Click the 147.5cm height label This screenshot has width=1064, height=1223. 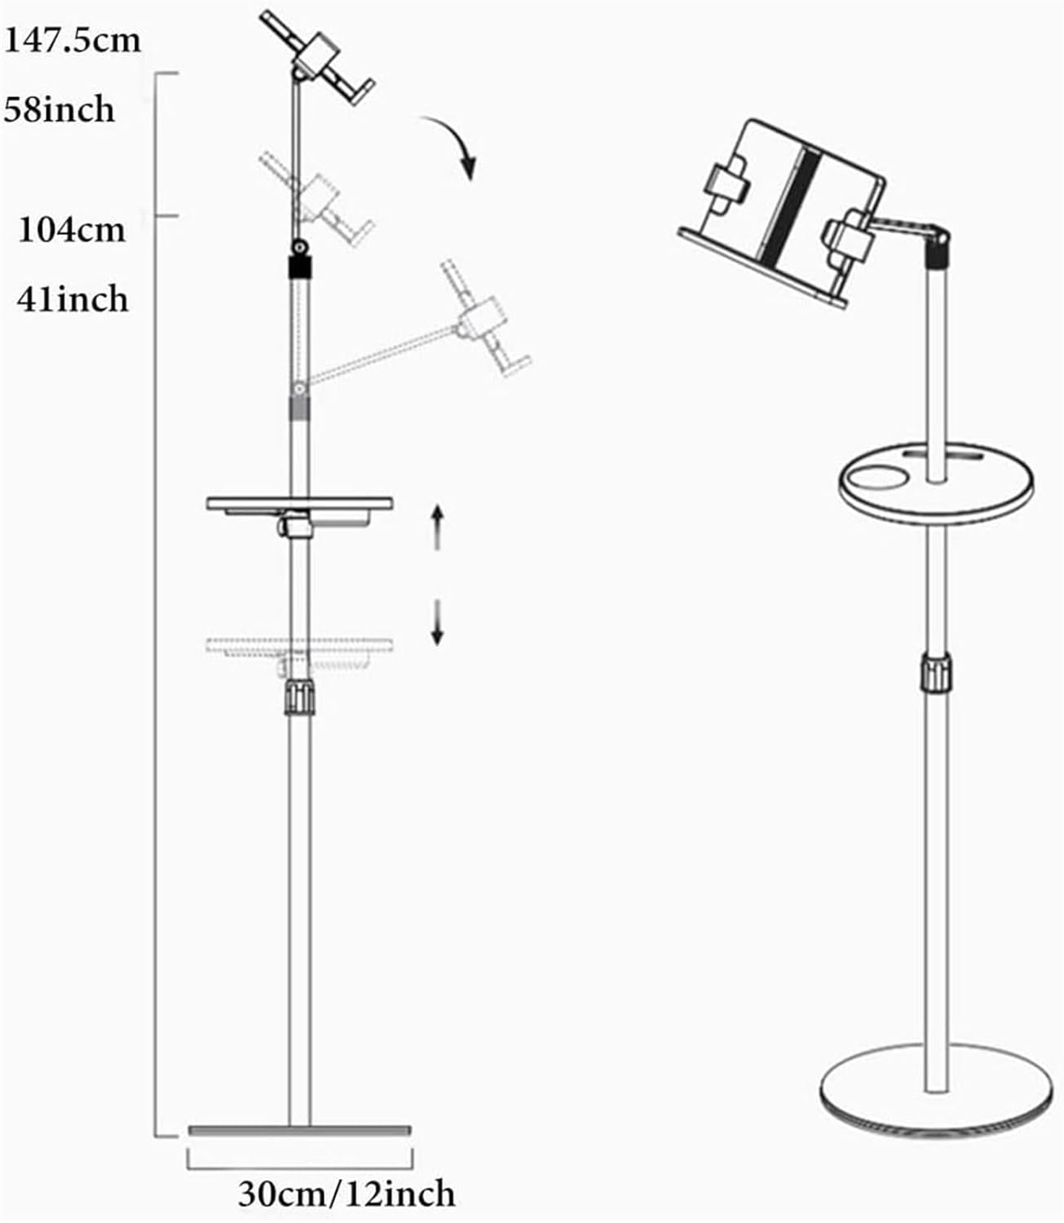click(73, 41)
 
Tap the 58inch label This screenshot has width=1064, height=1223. click(59, 108)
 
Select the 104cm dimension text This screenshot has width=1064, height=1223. click(72, 230)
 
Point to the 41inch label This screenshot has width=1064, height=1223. click(73, 299)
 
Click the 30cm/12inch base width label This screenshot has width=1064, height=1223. click(347, 1194)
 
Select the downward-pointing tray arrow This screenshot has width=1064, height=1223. click(437, 623)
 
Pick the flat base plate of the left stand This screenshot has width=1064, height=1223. click(299, 1130)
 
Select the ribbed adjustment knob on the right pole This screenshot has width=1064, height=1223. click(937, 673)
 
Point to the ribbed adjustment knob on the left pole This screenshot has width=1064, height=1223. click(299, 696)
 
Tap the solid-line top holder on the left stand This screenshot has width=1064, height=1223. click(317, 59)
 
